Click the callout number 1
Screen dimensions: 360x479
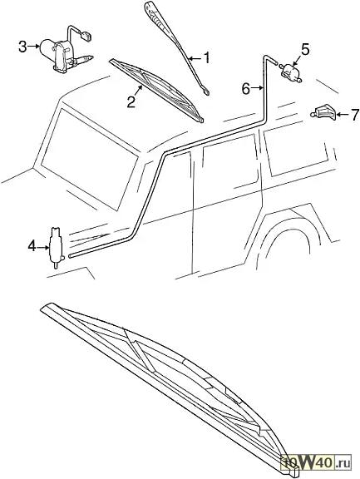point(207,57)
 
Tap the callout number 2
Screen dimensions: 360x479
point(131,101)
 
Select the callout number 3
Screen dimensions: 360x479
point(22,47)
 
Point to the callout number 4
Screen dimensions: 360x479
point(32,246)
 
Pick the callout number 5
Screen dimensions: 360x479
point(305,50)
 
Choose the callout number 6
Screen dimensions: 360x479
point(246,89)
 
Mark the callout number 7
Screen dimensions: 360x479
point(354,115)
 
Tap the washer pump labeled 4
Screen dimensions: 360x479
point(57,248)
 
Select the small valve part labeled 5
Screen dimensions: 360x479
point(290,72)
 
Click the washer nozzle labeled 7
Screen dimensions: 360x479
point(323,112)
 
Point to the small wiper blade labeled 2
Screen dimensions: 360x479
point(156,91)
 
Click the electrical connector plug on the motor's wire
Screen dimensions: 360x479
point(86,37)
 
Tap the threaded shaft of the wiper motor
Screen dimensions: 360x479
point(84,59)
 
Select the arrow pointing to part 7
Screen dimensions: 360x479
point(342,115)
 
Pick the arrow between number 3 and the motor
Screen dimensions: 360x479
point(33,47)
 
